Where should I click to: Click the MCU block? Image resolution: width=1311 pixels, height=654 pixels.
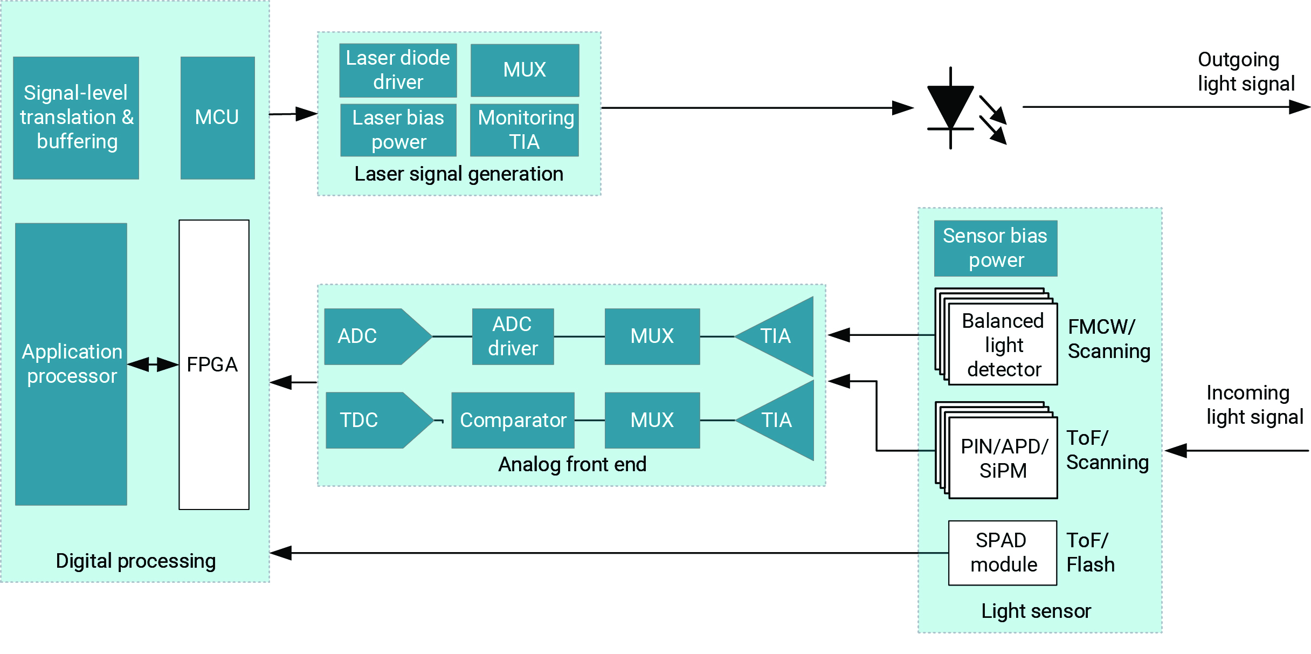pyautogui.click(x=217, y=118)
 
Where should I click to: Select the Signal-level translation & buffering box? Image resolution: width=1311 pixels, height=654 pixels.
pyautogui.click(x=76, y=118)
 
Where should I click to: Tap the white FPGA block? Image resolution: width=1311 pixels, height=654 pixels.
pyautogui.click(x=213, y=364)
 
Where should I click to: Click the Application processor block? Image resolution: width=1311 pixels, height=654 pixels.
pyautogui.click(x=71, y=364)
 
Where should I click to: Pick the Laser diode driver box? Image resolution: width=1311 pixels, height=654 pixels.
pyautogui.click(x=398, y=70)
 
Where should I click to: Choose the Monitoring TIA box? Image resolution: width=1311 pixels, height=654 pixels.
pyautogui.click(x=525, y=130)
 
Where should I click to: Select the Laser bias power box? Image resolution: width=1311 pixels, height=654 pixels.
pyautogui.click(x=398, y=130)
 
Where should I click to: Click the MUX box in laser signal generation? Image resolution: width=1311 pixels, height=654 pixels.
pyautogui.click(x=525, y=70)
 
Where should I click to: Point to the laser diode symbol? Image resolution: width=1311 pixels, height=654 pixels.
pyautogui.click(x=951, y=108)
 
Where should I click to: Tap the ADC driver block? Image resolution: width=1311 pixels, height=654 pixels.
pyautogui.click(x=513, y=336)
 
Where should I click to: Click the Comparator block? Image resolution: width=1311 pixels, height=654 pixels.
pyautogui.click(x=513, y=420)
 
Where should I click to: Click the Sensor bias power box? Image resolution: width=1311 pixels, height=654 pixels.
pyautogui.click(x=995, y=248)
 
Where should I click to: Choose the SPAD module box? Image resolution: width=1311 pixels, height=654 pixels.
pyautogui.click(x=1002, y=553)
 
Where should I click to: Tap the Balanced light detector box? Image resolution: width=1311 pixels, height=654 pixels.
pyautogui.click(x=1003, y=345)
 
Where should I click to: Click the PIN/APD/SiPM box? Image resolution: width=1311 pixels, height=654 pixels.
pyautogui.click(x=1003, y=458)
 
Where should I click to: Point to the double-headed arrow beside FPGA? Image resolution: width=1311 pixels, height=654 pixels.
pyautogui.click(x=153, y=364)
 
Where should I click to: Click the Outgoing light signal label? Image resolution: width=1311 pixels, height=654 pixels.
pyautogui.click(x=1245, y=72)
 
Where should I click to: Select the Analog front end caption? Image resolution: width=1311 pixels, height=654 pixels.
pyautogui.click(x=572, y=464)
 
